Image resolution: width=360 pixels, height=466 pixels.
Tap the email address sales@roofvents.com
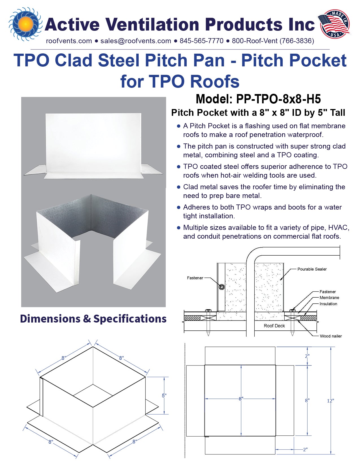[x=136, y=41]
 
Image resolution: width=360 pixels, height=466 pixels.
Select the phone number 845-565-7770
[x=201, y=41]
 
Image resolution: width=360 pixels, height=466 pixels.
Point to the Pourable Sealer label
[x=312, y=269]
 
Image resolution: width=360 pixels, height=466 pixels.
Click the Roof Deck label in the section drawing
[x=274, y=326]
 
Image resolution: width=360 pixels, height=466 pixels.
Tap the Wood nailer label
[x=331, y=336]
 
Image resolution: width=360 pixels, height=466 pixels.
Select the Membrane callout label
[x=329, y=298]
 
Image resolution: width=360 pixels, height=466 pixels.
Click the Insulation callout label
[x=328, y=304]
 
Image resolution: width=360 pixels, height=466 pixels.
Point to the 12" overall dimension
[x=330, y=401]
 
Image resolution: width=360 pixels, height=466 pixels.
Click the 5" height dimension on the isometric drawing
[x=164, y=396]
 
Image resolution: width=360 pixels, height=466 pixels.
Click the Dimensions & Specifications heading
[x=93, y=319]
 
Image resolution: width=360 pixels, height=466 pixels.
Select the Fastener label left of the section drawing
[x=195, y=278]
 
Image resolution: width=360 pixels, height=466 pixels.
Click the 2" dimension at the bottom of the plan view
[x=305, y=449]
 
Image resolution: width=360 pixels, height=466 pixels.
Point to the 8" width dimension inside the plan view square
[x=241, y=399]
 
